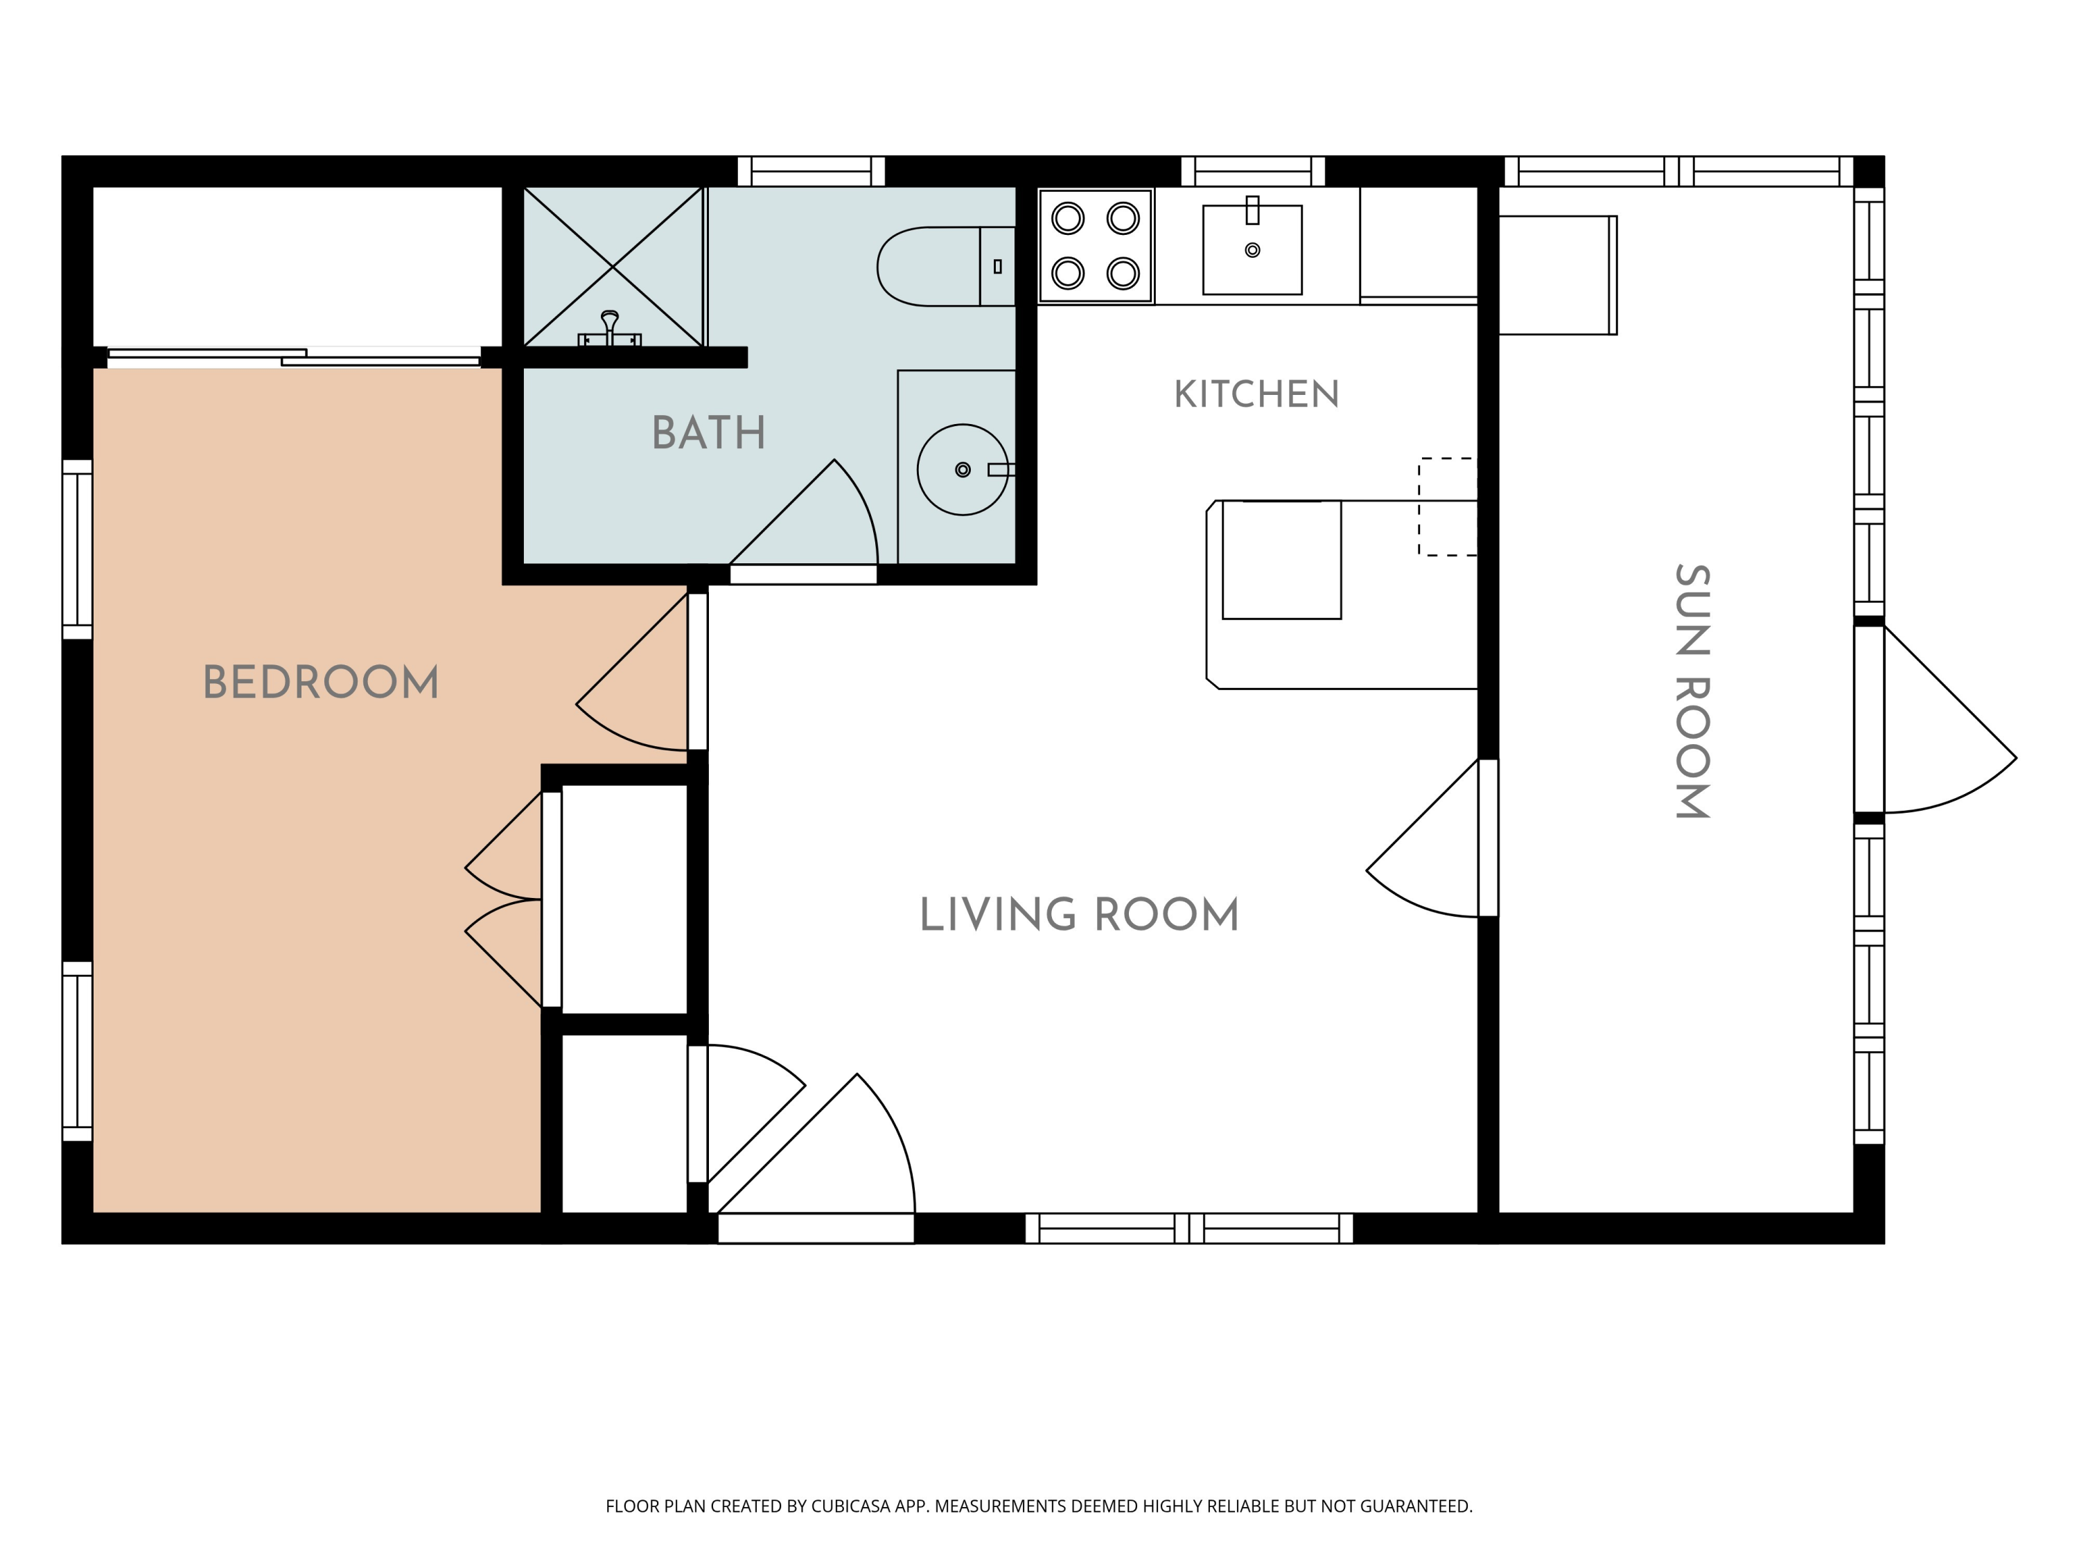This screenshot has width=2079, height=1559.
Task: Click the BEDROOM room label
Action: tap(320, 682)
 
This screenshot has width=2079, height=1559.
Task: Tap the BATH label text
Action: tap(709, 433)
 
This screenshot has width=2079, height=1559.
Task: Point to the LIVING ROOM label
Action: tap(1079, 915)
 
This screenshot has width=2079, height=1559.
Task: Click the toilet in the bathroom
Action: tap(947, 266)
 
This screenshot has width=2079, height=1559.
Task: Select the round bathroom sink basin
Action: tap(963, 470)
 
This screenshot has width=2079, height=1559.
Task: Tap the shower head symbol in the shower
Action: tap(610, 329)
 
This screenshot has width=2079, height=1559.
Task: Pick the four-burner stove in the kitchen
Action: tap(1096, 246)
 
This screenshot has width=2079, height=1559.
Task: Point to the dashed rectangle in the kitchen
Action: tap(1448, 507)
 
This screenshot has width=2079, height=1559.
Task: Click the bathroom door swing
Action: tap(805, 512)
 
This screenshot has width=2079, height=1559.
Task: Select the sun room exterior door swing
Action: tap(1936, 719)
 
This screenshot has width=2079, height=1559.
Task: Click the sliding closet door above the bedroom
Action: tap(295, 356)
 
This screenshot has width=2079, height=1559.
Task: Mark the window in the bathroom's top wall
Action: tap(811, 171)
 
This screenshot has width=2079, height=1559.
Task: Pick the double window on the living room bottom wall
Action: tap(1189, 1228)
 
